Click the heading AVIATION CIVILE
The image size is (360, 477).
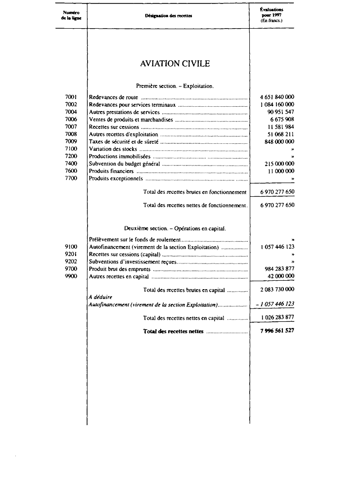pyautogui.click(x=175, y=64)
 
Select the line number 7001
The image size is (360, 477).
pyautogui.click(x=71, y=97)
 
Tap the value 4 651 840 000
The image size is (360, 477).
pyautogui.click(x=277, y=97)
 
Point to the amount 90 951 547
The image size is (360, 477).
pyautogui.click(x=280, y=112)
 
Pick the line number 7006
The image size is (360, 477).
pyautogui.click(x=71, y=120)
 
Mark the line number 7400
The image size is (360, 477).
pyautogui.click(x=71, y=164)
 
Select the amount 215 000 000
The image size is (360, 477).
pyautogui.click(x=280, y=164)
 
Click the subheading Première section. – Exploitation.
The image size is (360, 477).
pyautogui.click(x=175, y=86)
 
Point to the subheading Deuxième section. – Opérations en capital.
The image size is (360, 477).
pyautogui.click(x=175, y=228)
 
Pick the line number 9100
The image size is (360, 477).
pyautogui.click(x=71, y=247)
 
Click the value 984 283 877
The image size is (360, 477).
pyautogui.click(x=280, y=269)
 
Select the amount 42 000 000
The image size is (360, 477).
pyautogui.click(x=281, y=276)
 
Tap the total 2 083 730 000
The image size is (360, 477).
pyautogui.click(x=277, y=290)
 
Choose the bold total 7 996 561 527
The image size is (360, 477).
pyautogui.click(x=277, y=331)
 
